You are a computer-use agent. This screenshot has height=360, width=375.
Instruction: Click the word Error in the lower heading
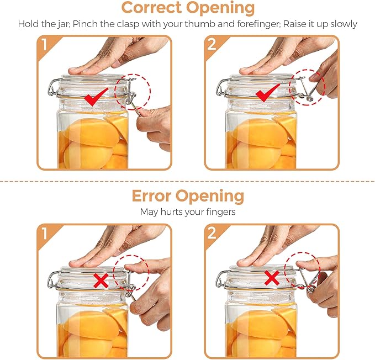[x=151, y=196]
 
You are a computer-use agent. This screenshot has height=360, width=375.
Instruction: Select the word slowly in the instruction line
[x=344, y=24]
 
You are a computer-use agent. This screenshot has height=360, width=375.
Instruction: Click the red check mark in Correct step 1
[x=96, y=98]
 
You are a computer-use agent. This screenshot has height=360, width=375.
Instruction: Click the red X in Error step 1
[x=101, y=280]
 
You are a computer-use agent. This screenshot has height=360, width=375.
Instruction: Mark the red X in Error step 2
[x=271, y=278]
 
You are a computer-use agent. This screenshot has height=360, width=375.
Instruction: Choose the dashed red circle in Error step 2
[x=302, y=274]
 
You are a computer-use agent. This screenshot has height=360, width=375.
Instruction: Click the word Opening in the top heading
[x=220, y=8]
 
